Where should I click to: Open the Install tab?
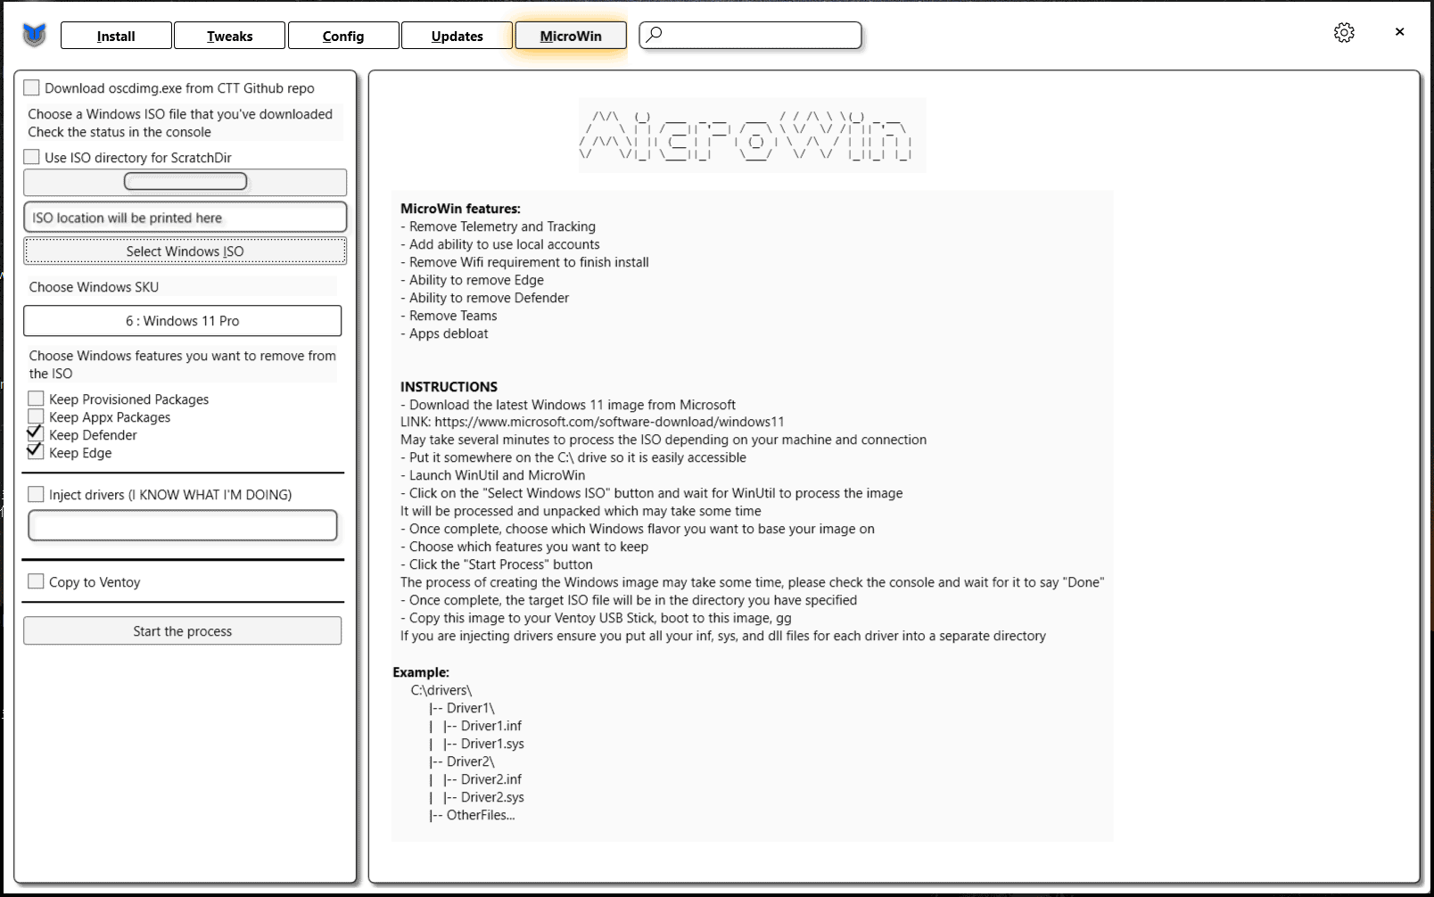coord(116,36)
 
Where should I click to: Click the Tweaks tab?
coord(229,36)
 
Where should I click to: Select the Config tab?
coord(343,36)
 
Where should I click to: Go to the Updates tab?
coord(457,36)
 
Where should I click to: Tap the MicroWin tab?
coord(571,36)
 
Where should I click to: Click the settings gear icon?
coord(1344,33)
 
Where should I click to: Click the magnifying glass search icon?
coord(655,35)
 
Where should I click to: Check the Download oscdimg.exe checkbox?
coord(32,87)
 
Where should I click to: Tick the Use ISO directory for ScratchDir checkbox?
coord(32,157)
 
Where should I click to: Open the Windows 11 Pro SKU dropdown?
coord(182,321)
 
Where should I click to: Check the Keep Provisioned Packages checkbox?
coord(36,399)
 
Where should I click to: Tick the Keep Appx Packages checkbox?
coord(36,416)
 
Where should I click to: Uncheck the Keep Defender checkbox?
coord(36,434)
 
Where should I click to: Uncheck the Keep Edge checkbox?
coord(36,452)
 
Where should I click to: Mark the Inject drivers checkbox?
coord(36,494)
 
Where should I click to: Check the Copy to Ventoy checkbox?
coord(36,581)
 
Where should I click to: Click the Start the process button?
coord(182,631)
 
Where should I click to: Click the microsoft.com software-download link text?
coord(609,422)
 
